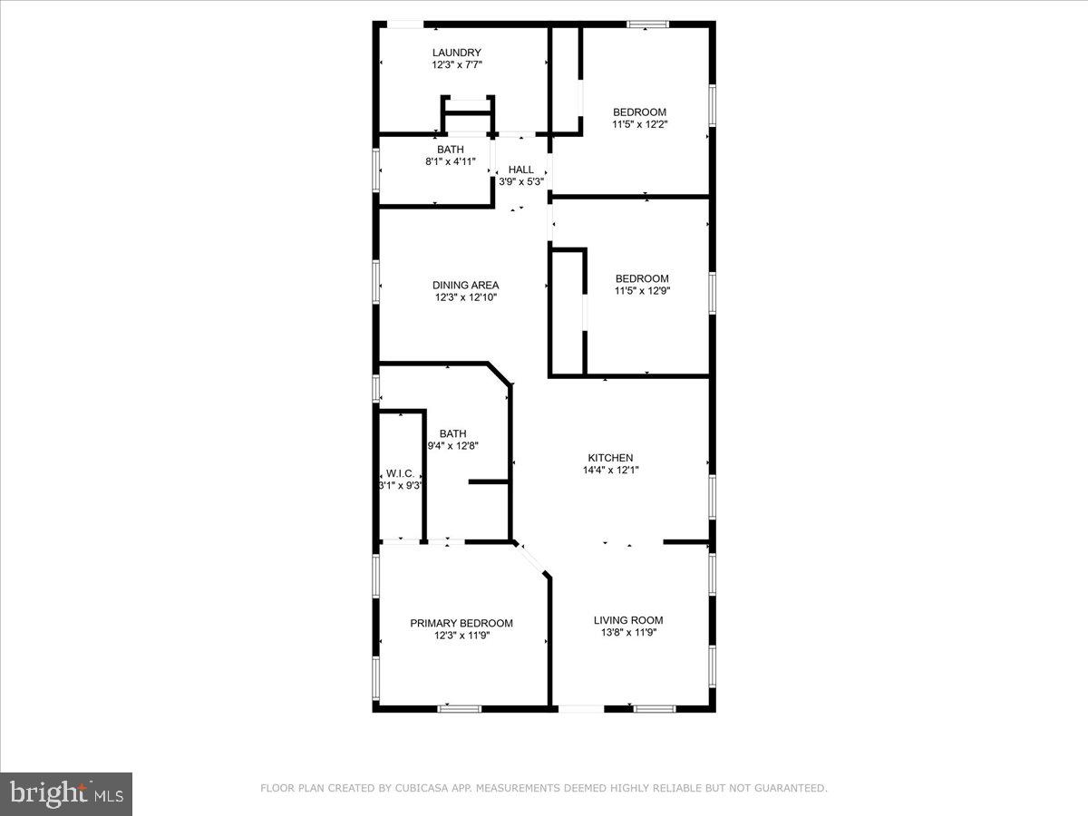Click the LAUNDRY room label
pyautogui.click(x=456, y=53)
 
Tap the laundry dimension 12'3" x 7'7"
pyautogui.click(x=456, y=65)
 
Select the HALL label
pyautogui.click(x=520, y=170)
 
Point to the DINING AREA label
pyautogui.click(x=465, y=285)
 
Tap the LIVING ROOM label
pyautogui.click(x=628, y=620)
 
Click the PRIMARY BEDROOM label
pyautogui.click(x=461, y=623)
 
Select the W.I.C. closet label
pyautogui.click(x=400, y=473)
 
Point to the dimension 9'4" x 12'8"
pyautogui.click(x=452, y=446)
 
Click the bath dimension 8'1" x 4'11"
pyautogui.click(x=450, y=161)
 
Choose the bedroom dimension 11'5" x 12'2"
pyautogui.click(x=639, y=124)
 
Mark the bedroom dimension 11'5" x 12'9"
pyautogui.click(x=642, y=291)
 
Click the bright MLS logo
pyautogui.click(x=66, y=793)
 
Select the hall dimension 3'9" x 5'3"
pyautogui.click(x=520, y=181)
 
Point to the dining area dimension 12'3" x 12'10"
pyautogui.click(x=465, y=297)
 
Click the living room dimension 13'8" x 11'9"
pyautogui.click(x=628, y=632)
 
